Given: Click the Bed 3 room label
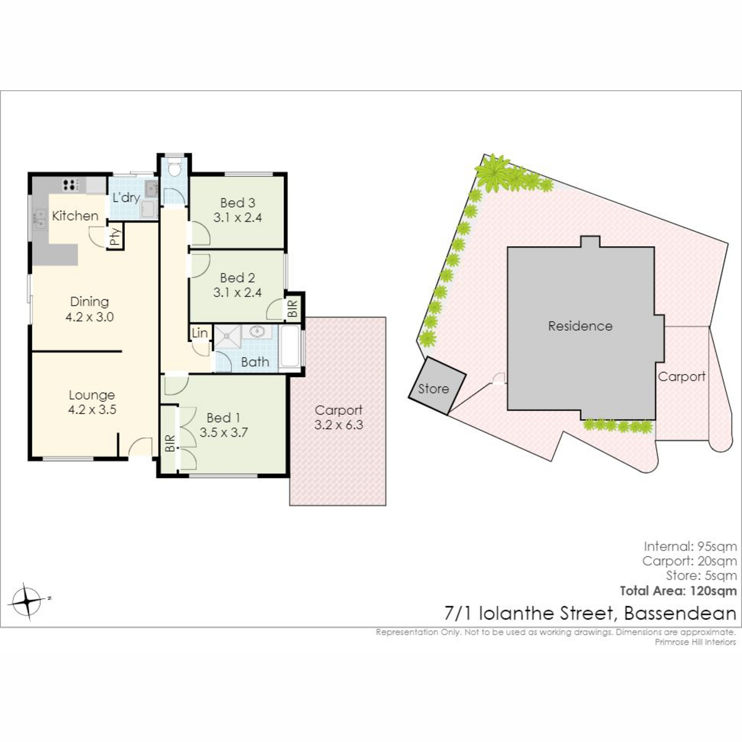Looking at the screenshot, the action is click(237, 203).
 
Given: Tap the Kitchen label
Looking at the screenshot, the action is click(75, 216).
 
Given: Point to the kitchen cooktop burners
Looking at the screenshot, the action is click(69, 185).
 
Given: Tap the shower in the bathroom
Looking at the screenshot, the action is click(228, 336).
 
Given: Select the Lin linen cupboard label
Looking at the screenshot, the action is click(200, 333).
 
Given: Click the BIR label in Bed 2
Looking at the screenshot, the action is click(292, 309).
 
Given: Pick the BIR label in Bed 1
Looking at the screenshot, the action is click(170, 443).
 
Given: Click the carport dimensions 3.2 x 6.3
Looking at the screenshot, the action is click(338, 425).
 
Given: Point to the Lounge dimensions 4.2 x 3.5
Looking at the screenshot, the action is click(92, 409).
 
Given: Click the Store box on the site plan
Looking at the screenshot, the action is click(437, 386).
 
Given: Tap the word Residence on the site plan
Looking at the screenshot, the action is click(580, 326).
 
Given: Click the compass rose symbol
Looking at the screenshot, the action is click(27, 602).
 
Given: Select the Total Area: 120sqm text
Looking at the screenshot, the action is click(678, 591).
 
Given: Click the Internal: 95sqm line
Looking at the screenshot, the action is click(691, 547).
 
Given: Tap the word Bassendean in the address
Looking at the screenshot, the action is click(680, 613).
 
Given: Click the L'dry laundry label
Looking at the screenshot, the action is click(126, 197).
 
